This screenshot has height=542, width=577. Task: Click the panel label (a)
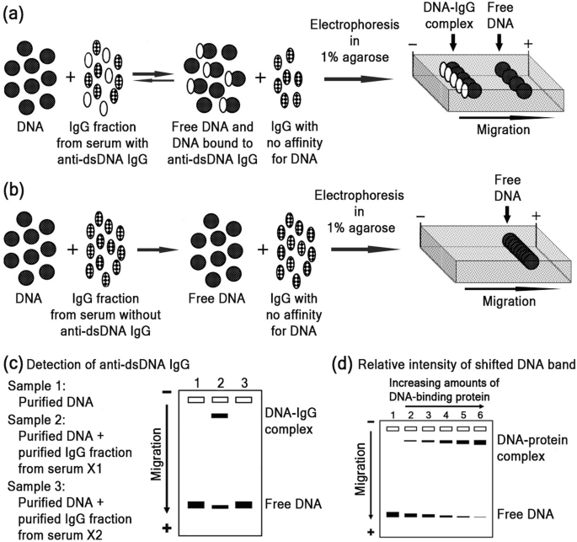15,15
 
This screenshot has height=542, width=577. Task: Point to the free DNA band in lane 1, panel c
196,505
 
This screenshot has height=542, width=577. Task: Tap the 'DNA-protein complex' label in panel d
536,448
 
